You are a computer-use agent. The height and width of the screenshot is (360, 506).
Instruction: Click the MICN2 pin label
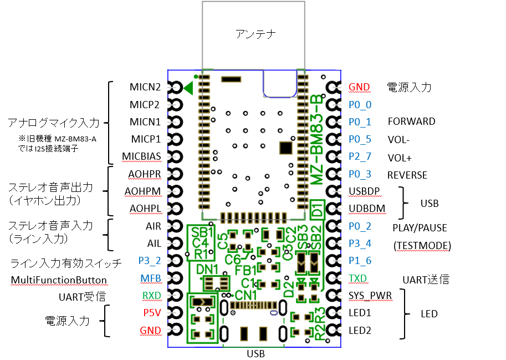coord(145,87)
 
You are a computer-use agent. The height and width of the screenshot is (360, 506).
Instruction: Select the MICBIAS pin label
coord(145,156)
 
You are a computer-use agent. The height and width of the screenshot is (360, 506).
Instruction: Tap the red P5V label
coord(152,313)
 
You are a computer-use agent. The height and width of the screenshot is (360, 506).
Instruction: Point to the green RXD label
coord(151,296)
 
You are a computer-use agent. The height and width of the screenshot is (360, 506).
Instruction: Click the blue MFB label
coord(151,278)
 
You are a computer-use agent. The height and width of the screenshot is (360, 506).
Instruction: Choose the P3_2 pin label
coord(150,261)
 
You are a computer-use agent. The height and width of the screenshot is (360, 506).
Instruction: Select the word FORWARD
coord(411,121)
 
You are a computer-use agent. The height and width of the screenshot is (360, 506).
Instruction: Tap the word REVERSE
coord(407,175)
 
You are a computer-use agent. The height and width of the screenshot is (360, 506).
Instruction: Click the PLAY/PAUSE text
coord(420,227)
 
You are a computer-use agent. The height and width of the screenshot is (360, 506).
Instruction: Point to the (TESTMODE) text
coord(421,245)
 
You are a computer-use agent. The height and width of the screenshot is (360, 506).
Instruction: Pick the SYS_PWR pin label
coord(370,296)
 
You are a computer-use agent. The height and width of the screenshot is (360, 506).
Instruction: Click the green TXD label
coord(358,278)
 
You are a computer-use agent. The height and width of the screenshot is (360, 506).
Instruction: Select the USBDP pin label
coord(365,191)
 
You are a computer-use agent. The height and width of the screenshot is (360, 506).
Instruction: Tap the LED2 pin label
coord(360,331)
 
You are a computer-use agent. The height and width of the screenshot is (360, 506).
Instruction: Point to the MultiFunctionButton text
coord(59,280)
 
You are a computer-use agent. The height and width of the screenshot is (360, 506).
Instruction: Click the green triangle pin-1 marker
coord(188,87)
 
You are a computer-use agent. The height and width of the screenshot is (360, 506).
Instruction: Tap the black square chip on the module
coord(285,148)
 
